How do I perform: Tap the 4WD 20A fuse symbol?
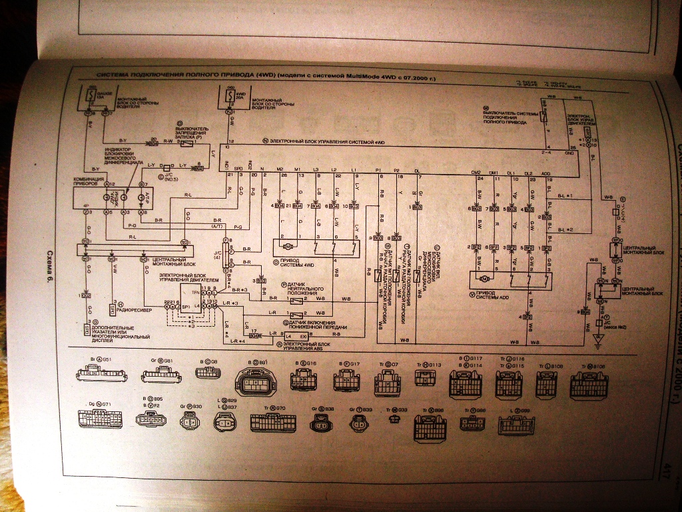(x=228, y=97)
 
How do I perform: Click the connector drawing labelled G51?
(x=98, y=375)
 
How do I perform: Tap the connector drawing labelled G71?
(x=100, y=419)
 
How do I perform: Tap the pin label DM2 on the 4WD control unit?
(x=476, y=173)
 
